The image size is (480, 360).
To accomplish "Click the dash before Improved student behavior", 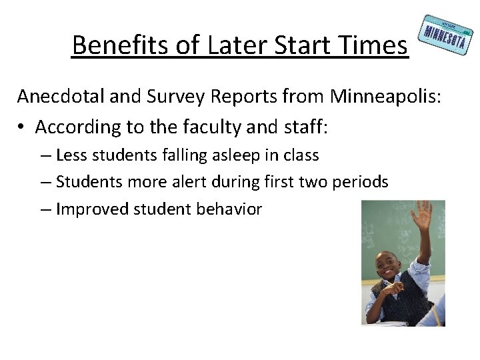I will coord(45,209).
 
